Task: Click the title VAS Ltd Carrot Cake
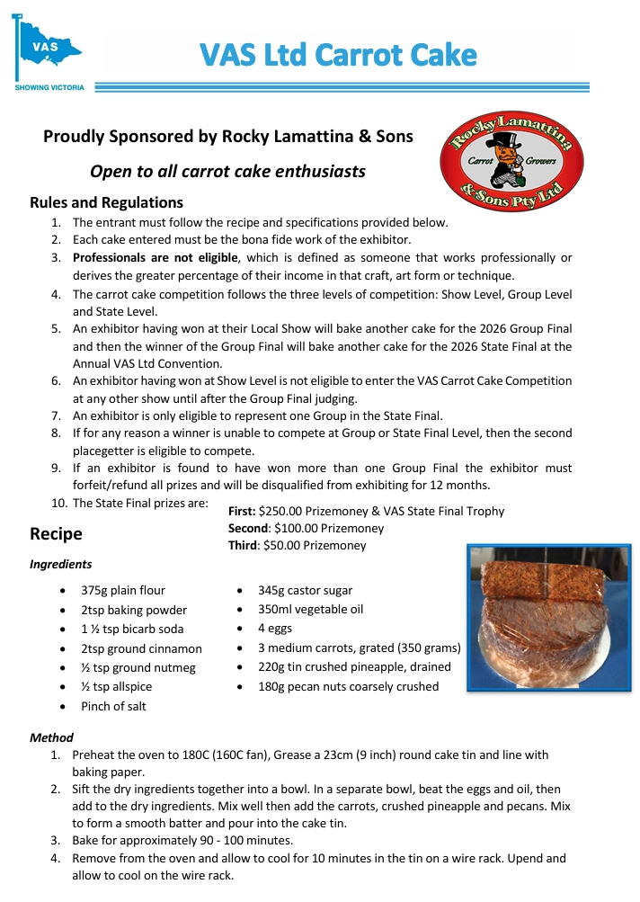pyautogui.click(x=338, y=56)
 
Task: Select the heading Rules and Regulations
pyautogui.click(x=106, y=202)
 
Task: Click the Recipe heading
pyautogui.click(x=56, y=533)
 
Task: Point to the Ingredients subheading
pyautogui.click(x=60, y=565)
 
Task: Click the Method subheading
pyautogui.click(x=51, y=737)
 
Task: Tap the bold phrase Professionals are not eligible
pyautogui.click(x=148, y=258)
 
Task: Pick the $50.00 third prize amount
pyautogui.click(x=286, y=545)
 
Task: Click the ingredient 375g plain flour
pyautogui.click(x=122, y=591)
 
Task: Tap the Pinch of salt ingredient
pyautogui.click(x=113, y=706)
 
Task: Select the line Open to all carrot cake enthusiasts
pyautogui.click(x=227, y=171)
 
